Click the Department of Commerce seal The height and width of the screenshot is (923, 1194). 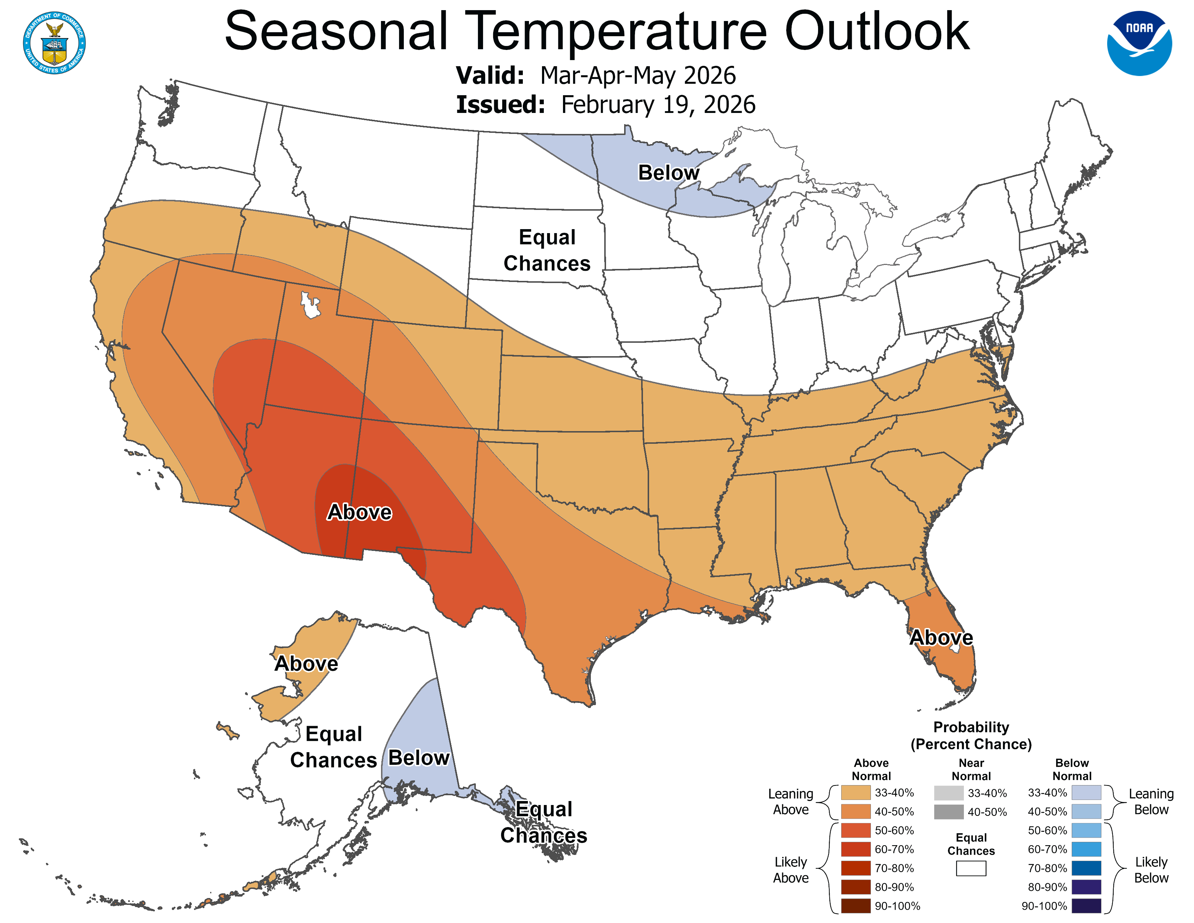pyautogui.click(x=54, y=43)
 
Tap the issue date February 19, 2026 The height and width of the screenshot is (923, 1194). pyautogui.click(x=658, y=105)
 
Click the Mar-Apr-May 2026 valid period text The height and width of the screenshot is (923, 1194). pyautogui.click(x=638, y=75)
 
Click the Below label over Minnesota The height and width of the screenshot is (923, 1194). pyautogui.click(x=668, y=173)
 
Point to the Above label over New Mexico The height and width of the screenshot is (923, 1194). pyautogui.click(x=359, y=512)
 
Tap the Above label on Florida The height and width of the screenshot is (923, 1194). pyautogui.click(x=941, y=637)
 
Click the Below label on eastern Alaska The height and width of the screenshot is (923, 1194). pyautogui.click(x=419, y=758)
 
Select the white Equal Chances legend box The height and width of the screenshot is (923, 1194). pyautogui.click(x=971, y=868)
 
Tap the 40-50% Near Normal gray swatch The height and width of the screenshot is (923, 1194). pyautogui.click(x=949, y=812)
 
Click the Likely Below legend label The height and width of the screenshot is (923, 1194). pyautogui.click(x=1151, y=870)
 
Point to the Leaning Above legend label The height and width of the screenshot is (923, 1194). pyautogui.click(x=791, y=802)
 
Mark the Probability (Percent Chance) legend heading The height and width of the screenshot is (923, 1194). pyautogui.click(x=971, y=736)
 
